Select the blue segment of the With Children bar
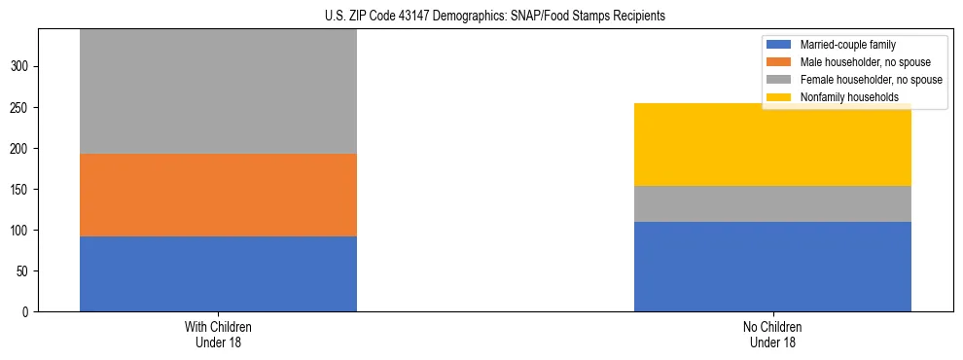(218, 273)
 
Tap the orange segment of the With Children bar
(218, 195)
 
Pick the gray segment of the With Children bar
(218, 91)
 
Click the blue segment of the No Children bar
(772, 267)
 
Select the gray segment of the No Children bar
(772, 203)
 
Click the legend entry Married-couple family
(847, 45)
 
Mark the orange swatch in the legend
(779, 62)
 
